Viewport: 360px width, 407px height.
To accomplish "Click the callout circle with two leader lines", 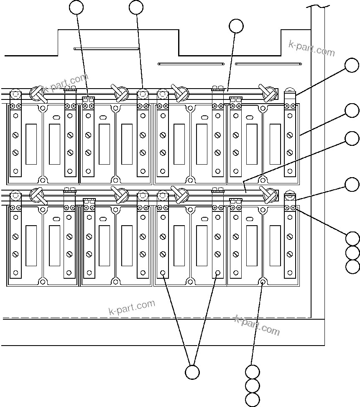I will tap(192, 372).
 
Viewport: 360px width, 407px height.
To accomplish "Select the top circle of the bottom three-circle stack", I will tap(253, 371).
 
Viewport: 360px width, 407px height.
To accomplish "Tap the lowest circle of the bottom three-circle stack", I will tap(253, 399).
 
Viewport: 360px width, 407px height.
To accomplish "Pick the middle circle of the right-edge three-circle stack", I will tap(352, 252).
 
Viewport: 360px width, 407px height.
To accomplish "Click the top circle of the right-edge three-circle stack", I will tap(352, 238).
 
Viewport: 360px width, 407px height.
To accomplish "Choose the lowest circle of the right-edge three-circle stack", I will tap(352, 266).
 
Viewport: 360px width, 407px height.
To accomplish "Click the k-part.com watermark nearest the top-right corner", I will tap(311, 48).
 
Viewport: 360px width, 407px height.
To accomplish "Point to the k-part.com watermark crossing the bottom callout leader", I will tap(257, 325).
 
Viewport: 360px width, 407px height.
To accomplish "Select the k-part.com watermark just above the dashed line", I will tap(131, 308).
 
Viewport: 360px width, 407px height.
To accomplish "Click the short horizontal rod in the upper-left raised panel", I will tap(106, 48).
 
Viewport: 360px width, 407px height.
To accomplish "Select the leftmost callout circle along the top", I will tap(76, 7).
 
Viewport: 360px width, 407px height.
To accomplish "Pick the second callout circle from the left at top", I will tap(136, 7).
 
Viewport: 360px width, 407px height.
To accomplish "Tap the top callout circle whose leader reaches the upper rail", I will tap(236, 26).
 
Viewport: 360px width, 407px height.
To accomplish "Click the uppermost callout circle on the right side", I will tap(352, 66).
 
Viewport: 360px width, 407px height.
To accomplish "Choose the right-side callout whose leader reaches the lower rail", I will tap(352, 138).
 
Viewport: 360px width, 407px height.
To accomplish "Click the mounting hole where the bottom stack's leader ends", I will tap(262, 282).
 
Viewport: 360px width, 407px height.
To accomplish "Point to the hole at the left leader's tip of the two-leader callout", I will tap(163, 274).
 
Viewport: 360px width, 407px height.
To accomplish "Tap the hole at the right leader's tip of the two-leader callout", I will tap(217, 274).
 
